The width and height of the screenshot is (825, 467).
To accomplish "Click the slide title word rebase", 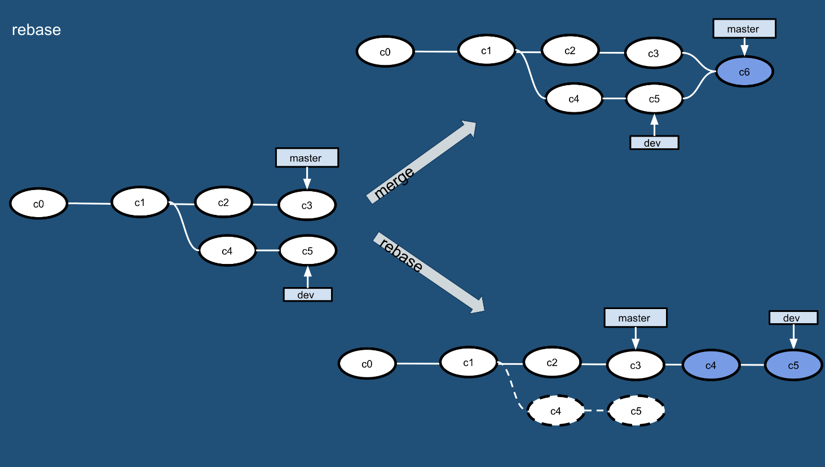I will tap(36, 30).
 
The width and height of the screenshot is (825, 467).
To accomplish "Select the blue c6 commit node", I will tap(744, 72).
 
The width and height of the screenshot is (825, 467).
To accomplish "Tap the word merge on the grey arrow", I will tap(394, 183).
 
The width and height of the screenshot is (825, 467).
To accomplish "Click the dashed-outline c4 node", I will tap(555, 411).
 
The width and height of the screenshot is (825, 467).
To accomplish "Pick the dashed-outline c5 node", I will tap(636, 411).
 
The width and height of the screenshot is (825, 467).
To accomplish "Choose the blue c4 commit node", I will tap(711, 365).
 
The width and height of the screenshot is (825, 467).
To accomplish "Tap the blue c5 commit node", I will tap(793, 365).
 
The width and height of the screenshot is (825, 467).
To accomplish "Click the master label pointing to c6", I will tap(744, 29).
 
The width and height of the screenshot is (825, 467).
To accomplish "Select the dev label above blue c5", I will tap(793, 318).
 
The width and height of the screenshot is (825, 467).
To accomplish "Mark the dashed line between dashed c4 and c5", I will tap(595, 411).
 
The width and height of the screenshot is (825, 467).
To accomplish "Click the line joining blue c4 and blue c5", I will tap(752, 365).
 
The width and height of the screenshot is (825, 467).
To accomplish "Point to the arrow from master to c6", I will tap(744, 46).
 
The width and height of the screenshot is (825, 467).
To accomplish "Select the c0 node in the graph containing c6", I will tap(385, 52).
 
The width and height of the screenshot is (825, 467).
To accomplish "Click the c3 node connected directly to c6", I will tap(654, 54).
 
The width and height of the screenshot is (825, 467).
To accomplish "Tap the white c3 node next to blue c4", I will tap(636, 365).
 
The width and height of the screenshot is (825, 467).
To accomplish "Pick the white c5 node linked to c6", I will tap(654, 99).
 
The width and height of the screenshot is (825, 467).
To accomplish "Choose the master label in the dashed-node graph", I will tap(635, 318).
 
